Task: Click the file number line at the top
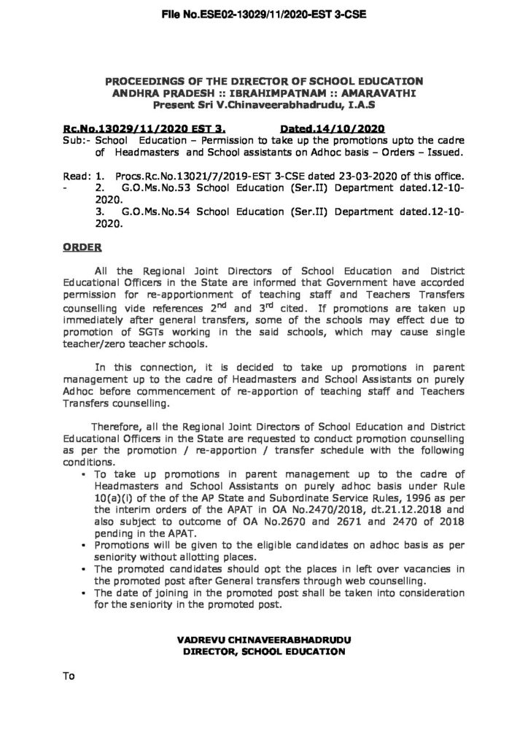click(x=263, y=14)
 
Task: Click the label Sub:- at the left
click(x=77, y=139)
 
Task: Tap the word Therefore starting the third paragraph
click(x=116, y=426)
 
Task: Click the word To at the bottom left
click(x=70, y=677)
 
